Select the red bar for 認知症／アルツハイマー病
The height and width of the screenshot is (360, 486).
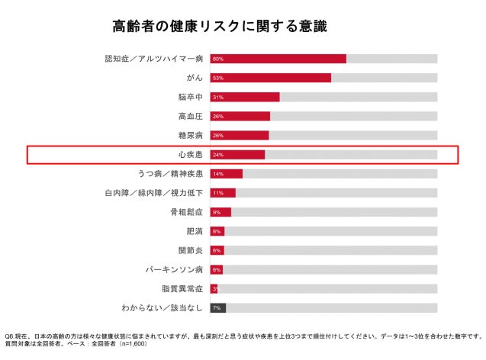(284, 59)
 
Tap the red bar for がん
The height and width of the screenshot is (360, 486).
(276, 78)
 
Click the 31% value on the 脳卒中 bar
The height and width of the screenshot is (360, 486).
(218, 98)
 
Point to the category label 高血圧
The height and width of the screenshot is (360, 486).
(190, 116)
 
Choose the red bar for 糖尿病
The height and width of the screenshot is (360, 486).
(244, 136)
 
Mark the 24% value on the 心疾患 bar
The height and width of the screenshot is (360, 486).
(218, 155)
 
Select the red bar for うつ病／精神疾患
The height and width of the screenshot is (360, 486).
(231, 174)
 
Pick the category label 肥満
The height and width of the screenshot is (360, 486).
(195, 231)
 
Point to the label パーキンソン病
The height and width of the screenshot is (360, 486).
(174, 269)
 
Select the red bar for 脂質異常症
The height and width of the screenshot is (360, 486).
(215, 288)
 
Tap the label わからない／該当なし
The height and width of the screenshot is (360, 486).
(162, 308)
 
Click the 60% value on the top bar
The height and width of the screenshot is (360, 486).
(218, 59)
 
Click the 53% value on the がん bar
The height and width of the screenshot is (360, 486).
(218, 78)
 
